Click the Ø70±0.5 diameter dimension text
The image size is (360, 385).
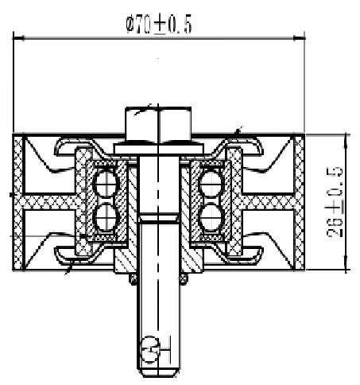point(159,25)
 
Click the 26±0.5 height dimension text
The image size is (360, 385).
point(335,201)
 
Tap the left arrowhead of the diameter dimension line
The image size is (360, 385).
point(18,38)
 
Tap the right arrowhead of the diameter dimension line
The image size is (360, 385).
point(300,38)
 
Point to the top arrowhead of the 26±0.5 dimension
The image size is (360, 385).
point(346,141)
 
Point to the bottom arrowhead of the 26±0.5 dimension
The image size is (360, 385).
point(346,263)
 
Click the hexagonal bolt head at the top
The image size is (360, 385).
point(158,125)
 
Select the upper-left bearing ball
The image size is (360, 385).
point(106,184)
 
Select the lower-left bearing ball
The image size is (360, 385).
point(106,217)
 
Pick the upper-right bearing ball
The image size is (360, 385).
point(211,184)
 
